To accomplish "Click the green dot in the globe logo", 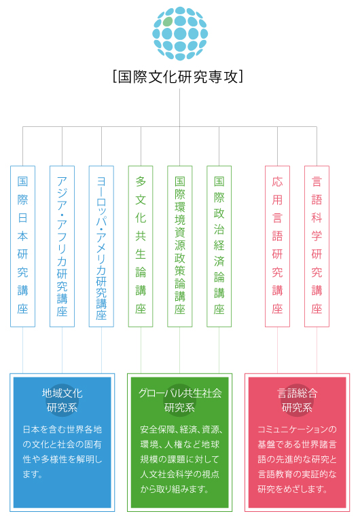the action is click(168, 22).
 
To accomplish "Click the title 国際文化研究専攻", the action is click(178, 77).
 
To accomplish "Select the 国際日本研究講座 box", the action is click(23, 246).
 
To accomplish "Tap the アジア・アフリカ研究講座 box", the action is click(62, 246).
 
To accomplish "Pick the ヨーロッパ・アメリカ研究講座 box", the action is click(101, 246).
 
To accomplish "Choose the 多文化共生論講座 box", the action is click(141, 246).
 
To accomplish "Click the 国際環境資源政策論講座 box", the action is click(180, 246).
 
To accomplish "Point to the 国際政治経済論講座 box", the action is click(219, 246).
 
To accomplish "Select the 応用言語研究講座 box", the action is click(277, 246).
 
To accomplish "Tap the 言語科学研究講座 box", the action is click(317, 246).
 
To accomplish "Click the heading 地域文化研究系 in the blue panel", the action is click(62, 401).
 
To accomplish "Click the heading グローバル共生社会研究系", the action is click(180, 401).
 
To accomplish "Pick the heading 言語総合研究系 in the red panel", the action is click(298, 401).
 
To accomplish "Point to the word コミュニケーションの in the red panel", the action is click(298, 429).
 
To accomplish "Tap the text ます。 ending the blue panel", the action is click(33, 475).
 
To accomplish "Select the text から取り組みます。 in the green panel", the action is click(174, 489).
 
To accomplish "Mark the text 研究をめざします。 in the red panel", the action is click(292, 489).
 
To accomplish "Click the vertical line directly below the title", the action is click(180, 107).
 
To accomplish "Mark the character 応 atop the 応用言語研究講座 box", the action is click(277, 181).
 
